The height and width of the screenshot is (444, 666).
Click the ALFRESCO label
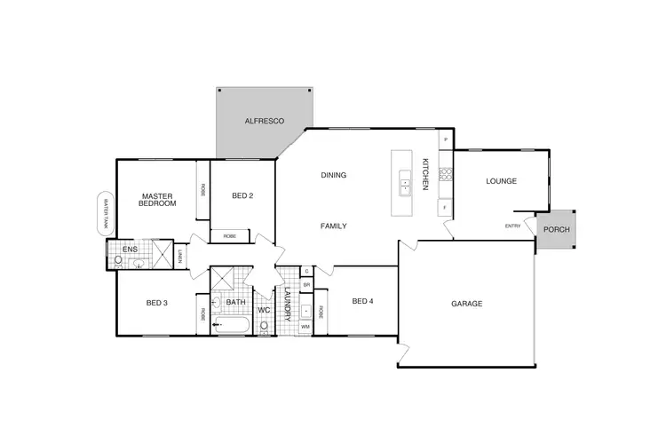(264, 120)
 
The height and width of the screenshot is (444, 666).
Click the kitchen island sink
(404, 182)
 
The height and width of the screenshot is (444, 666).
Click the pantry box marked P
(445, 139)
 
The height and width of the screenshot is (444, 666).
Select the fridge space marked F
(445, 209)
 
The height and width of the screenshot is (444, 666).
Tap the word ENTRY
(512, 226)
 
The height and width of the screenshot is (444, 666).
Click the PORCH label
(557, 230)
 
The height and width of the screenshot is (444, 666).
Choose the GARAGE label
(466, 304)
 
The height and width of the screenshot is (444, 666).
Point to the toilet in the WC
(264, 325)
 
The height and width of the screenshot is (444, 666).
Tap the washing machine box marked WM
(305, 328)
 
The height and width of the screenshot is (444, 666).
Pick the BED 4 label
(362, 302)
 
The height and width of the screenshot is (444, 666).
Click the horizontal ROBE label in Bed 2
(229, 236)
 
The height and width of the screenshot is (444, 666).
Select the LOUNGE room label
(501, 181)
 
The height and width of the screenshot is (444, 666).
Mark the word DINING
(333, 175)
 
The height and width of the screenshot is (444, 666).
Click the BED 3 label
(156, 303)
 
